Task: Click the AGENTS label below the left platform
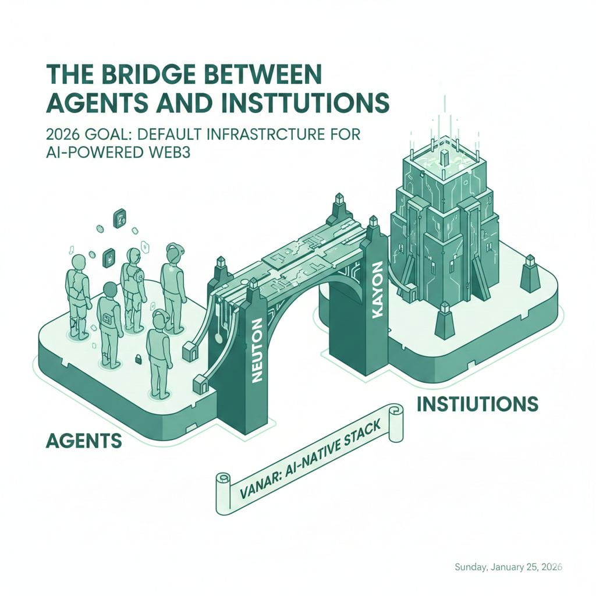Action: pyautogui.click(x=83, y=441)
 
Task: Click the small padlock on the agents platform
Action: pyautogui.click(x=140, y=359)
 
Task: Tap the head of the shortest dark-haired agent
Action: pyautogui.click(x=109, y=289)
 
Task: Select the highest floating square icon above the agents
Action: pyautogui.click(x=120, y=217)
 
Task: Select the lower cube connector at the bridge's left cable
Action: pyautogui.click(x=200, y=382)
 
